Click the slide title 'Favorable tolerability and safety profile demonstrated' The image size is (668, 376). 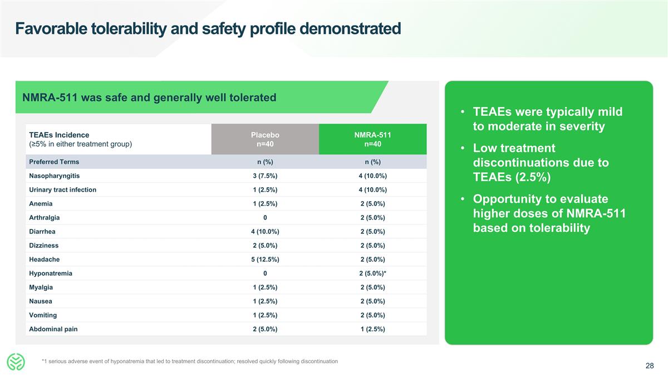[208, 28]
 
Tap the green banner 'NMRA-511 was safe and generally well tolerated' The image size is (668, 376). [149, 98]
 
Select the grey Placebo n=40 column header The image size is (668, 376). [265, 140]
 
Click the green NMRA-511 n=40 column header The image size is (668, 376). [372, 140]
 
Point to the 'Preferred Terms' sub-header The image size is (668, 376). [54, 162]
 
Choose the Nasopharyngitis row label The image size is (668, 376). [54, 176]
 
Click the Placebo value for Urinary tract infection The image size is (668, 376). [265, 190]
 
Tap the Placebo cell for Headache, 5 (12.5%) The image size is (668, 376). [265, 260]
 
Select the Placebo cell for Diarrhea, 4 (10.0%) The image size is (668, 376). [265, 232]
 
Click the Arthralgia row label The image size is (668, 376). [45, 218]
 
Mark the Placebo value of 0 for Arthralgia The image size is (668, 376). [265, 218]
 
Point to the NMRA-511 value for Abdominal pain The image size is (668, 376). [372, 329]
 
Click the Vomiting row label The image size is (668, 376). [43, 315]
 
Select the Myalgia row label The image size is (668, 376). [41, 287]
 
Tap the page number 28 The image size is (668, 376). [650, 366]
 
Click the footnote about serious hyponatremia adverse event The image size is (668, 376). [189, 362]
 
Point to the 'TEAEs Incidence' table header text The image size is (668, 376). [59, 135]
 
